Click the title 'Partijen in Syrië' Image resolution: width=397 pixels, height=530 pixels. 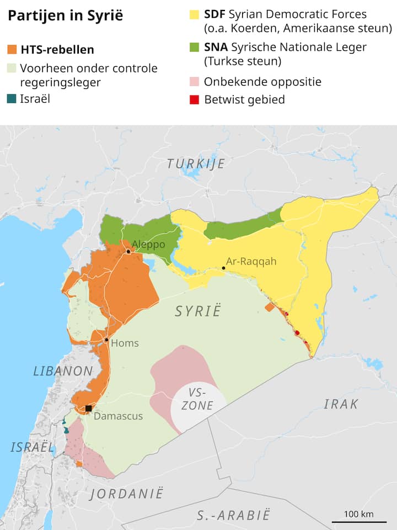(65, 15)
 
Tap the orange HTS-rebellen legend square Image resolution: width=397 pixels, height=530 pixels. (12, 50)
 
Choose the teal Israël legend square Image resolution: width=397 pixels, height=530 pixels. (12, 99)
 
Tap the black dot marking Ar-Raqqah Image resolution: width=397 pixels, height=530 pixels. (224, 268)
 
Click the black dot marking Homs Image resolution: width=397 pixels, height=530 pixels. (106, 340)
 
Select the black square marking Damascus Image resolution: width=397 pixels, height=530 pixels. (88, 409)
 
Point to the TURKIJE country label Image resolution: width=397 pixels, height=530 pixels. (196, 163)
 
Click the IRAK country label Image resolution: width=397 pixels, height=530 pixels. (341, 404)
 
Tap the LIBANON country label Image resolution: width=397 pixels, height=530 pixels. (62, 371)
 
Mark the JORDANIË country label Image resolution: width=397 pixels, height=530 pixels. (127, 493)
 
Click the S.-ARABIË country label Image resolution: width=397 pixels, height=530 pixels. (234, 516)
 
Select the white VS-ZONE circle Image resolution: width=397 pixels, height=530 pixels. (198, 406)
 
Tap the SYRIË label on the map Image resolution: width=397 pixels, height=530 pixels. (197, 311)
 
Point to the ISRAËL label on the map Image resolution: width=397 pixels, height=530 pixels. (32, 447)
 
